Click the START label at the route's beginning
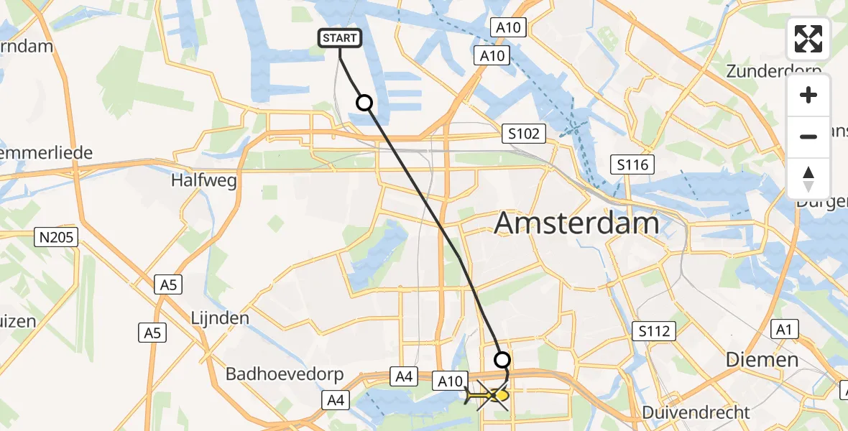tap(339, 38)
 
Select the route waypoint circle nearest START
tap(365, 103)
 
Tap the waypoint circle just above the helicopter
tap(502, 360)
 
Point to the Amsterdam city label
tap(576, 223)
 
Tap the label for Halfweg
tap(204, 181)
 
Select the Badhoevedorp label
tap(285, 374)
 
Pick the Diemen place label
tap(762, 360)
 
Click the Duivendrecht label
tap(695, 413)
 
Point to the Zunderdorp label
tap(773, 71)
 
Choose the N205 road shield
tap(57, 237)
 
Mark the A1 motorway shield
tap(784, 330)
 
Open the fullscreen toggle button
tap(808, 39)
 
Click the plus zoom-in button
tap(808, 95)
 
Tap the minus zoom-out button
tap(808, 136)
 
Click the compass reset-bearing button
tap(808, 178)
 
